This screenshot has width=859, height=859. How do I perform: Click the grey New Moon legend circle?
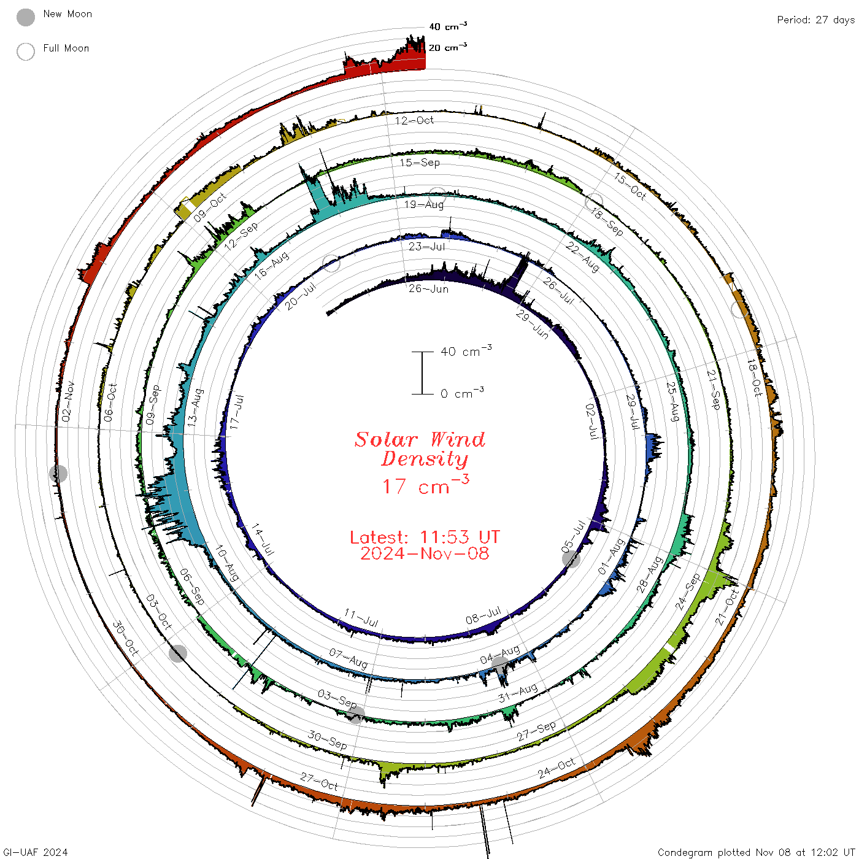coord(25,17)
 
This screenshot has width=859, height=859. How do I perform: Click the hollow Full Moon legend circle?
coord(25,52)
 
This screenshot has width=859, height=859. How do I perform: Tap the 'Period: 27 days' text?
coord(815,20)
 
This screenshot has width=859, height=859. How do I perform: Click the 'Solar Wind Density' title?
coord(420,449)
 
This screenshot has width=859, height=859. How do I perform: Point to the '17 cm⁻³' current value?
coord(426,485)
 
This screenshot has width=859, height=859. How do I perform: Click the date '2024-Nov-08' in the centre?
coord(425,553)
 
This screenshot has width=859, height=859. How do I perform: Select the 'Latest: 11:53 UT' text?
coord(425,537)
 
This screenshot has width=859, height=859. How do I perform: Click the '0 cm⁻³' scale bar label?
coord(462,393)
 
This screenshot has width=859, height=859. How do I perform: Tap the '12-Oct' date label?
coord(414,120)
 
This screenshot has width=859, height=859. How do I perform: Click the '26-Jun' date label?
coord(428,289)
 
